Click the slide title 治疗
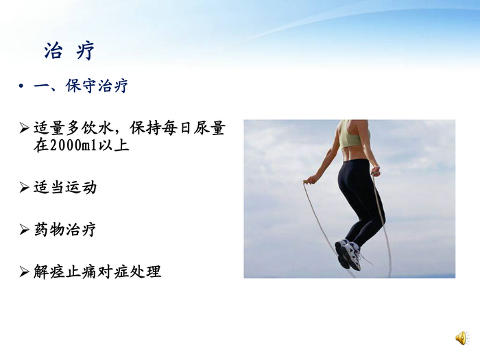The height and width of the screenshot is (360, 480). point(69,51)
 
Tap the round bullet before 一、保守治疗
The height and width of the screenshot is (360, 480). point(21,86)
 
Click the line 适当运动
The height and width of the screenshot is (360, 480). point(65,187)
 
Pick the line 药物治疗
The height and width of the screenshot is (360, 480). point(65,229)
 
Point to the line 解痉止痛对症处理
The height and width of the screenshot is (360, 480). point(97,272)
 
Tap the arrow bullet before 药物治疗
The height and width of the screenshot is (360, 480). point(24,230)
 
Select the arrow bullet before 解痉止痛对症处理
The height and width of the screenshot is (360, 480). point(24,272)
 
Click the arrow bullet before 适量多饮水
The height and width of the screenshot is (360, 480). point(24,128)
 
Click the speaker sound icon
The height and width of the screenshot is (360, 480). point(461,337)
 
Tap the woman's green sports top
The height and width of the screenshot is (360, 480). point(349,135)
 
